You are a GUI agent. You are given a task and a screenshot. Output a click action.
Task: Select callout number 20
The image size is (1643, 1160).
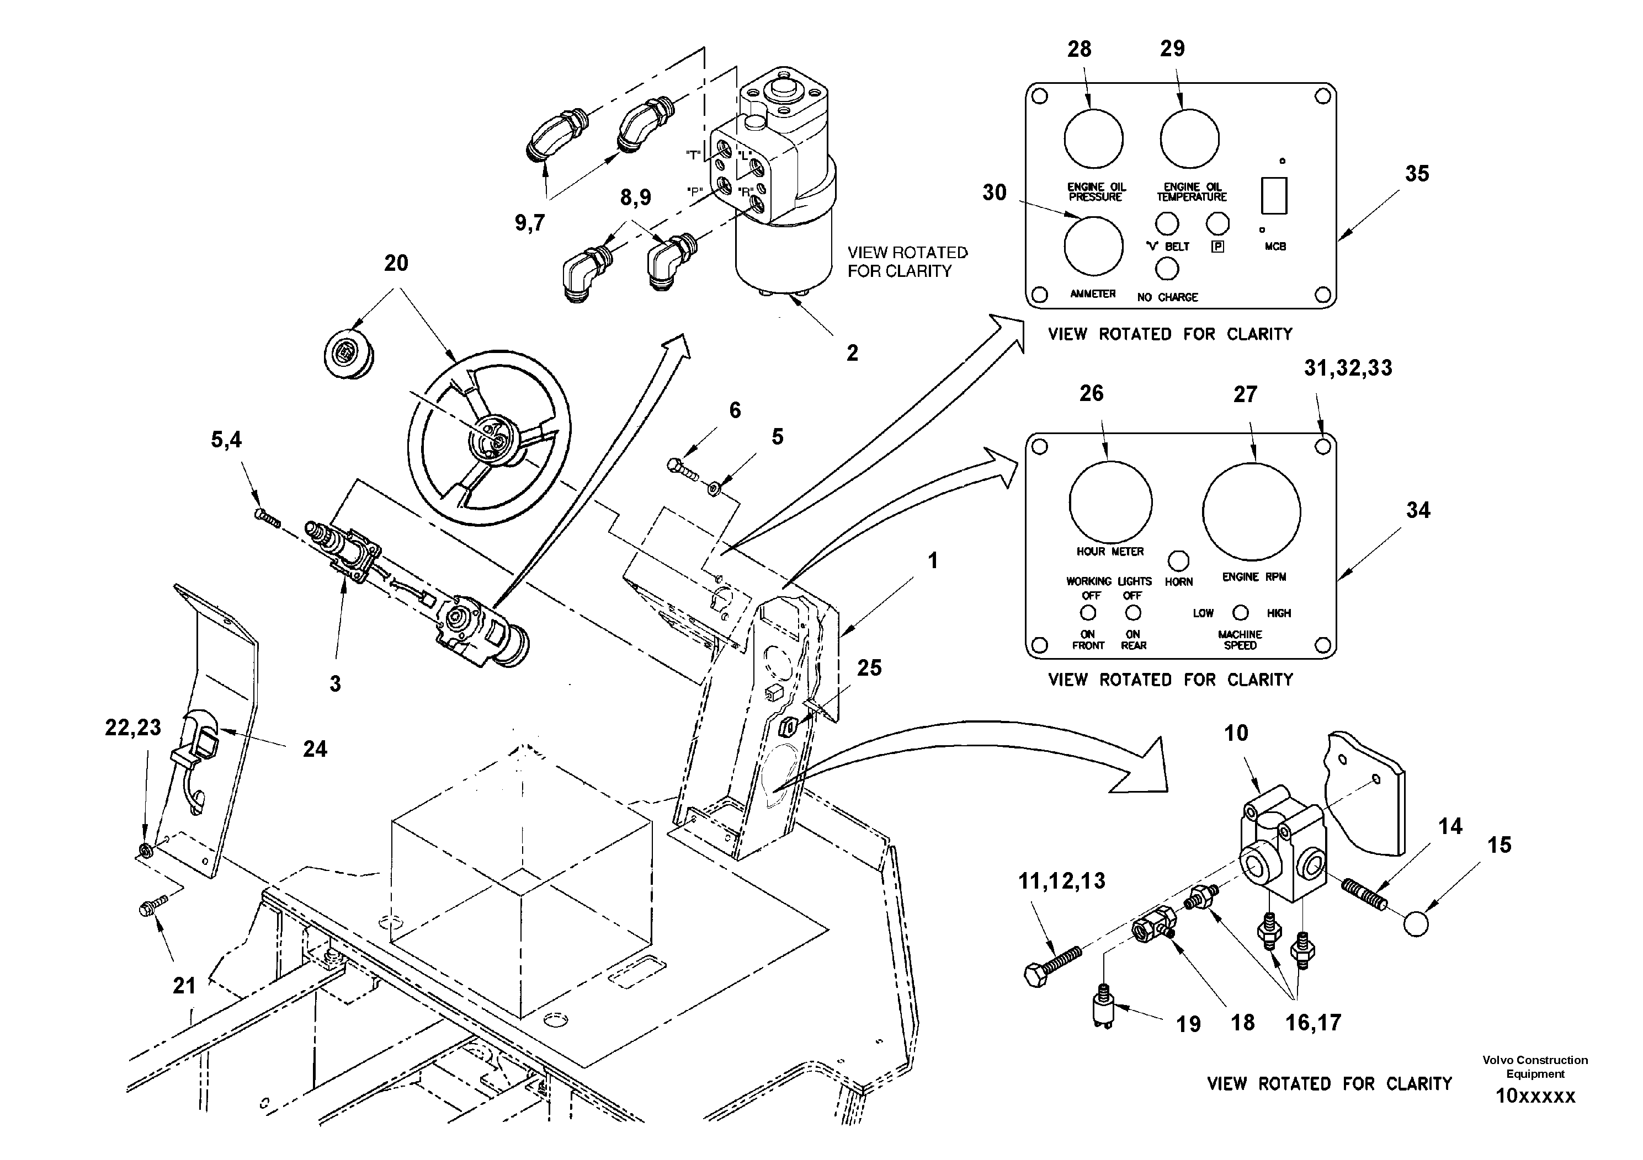(x=396, y=263)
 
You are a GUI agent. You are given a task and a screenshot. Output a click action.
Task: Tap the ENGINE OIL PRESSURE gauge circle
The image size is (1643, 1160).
(x=1093, y=139)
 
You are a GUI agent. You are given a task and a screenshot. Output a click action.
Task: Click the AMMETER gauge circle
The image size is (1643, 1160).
(x=1093, y=245)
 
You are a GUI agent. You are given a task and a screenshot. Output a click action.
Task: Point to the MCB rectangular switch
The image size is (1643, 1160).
(x=1274, y=195)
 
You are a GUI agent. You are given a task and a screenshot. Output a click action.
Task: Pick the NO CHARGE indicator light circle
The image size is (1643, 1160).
(x=1167, y=269)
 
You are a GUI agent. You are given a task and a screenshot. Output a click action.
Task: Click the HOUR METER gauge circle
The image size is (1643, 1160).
(x=1110, y=503)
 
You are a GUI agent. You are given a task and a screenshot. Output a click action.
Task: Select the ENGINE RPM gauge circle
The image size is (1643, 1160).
(x=1251, y=511)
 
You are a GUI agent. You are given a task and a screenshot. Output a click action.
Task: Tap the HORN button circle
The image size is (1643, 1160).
(x=1178, y=560)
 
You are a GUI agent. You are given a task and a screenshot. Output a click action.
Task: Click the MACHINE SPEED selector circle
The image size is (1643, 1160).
(x=1241, y=613)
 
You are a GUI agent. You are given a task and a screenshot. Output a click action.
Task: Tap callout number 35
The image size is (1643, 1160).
(x=1416, y=173)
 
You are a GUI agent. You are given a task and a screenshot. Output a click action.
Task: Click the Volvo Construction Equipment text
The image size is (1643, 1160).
(x=1534, y=1066)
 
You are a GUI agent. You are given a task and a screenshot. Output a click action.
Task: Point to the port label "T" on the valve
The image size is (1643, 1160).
(x=692, y=154)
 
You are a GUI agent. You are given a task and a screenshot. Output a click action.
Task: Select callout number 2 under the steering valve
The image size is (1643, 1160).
(x=852, y=352)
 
